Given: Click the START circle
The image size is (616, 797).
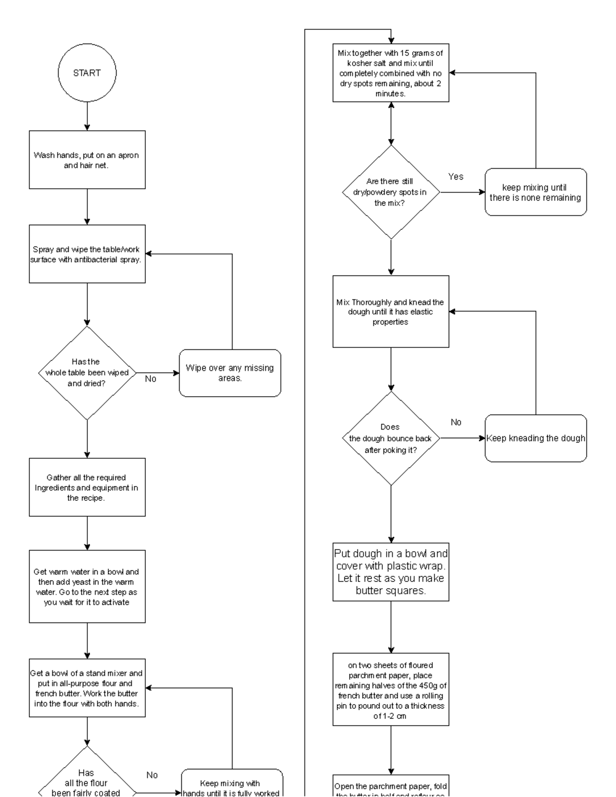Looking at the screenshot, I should (87, 73).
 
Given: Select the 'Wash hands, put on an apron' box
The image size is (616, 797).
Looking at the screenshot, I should (87, 160).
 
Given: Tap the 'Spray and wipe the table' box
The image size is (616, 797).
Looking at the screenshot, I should (87, 254).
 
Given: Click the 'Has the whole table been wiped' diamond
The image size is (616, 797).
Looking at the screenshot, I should (87, 373).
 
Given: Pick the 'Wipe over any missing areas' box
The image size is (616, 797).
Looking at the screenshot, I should (230, 373).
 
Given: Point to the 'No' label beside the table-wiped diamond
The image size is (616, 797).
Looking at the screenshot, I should (150, 379).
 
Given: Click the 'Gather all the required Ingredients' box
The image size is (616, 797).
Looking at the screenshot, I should (87, 487).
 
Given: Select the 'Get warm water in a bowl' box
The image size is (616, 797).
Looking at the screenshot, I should (87, 587).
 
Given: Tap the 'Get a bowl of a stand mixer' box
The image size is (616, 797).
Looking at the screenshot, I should (87, 688).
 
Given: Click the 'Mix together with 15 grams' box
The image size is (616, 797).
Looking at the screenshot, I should (391, 73).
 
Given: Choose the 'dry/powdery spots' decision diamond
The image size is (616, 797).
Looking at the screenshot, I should (391, 192).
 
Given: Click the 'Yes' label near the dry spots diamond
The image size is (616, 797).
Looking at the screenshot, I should (455, 177).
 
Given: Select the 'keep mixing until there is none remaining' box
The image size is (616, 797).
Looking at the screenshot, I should (535, 192).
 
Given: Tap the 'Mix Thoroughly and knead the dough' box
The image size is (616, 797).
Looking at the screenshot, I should (391, 312).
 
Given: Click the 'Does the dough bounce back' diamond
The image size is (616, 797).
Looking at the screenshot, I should (391, 438).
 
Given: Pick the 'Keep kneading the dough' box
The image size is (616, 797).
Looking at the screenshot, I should (535, 438).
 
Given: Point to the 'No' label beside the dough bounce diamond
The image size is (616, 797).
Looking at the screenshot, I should (456, 422).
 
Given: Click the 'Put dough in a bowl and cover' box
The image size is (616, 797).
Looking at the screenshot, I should (391, 572).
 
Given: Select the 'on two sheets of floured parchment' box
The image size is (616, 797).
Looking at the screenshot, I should (391, 689).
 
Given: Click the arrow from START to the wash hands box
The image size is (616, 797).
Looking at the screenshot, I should (87, 116).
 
